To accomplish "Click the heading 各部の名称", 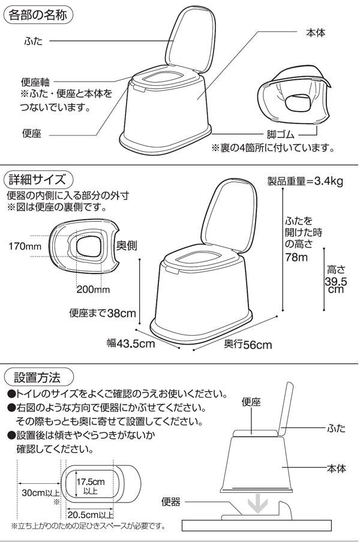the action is pyautogui.click(x=38, y=15).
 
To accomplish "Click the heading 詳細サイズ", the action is pyautogui.click(x=37, y=179).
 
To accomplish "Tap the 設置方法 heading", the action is pyautogui.click(x=37, y=377).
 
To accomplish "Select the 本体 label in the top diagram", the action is pyautogui.click(x=316, y=33).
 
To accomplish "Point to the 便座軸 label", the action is pyautogui.click(x=35, y=82).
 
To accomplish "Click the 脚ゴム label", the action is pyautogui.click(x=280, y=134).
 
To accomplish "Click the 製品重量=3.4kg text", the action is pyautogui.click(x=305, y=181).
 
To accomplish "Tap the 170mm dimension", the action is pyautogui.click(x=25, y=246).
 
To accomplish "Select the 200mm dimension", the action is pyautogui.click(x=93, y=289).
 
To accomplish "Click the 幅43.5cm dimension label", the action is pyautogui.click(x=131, y=343).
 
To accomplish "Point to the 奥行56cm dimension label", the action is pyautogui.click(x=248, y=344).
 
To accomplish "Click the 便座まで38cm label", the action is pyautogui.click(x=103, y=313).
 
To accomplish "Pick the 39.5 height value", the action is pyautogui.click(x=335, y=281).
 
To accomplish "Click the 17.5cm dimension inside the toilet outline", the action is pyautogui.click(x=91, y=481).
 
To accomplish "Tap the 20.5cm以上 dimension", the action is pyautogui.click(x=90, y=514).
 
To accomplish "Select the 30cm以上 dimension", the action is pyautogui.click(x=40, y=493).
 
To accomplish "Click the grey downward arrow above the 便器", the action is pyautogui.click(x=259, y=505).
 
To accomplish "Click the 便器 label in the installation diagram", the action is pyautogui.click(x=171, y=502).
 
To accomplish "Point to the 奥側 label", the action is pyautogui.click(x=127, y=245).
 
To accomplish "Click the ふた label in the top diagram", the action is pyautogui.click(x=33, y=41).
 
